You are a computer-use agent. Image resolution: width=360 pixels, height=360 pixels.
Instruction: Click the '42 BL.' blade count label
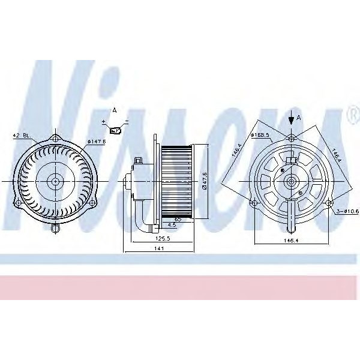point(22,137)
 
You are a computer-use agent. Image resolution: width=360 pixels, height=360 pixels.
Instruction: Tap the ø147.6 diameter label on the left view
point(96,142)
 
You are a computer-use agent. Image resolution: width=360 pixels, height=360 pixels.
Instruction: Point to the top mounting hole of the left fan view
point(56,139)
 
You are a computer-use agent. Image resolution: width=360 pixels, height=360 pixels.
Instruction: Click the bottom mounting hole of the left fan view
point(56,228)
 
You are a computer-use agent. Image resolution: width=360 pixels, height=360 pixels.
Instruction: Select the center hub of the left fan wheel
point(56,180)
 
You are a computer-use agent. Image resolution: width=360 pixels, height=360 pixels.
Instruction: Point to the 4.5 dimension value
point(172,225)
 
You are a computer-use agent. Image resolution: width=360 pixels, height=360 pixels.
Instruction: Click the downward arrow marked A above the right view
point(291,119)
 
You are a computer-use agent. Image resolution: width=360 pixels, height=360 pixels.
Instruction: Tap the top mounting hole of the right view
point(291,138)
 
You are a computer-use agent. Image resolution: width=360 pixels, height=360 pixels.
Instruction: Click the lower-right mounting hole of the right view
point(329,204)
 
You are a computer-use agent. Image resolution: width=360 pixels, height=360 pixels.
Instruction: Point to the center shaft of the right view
point(291,180)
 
